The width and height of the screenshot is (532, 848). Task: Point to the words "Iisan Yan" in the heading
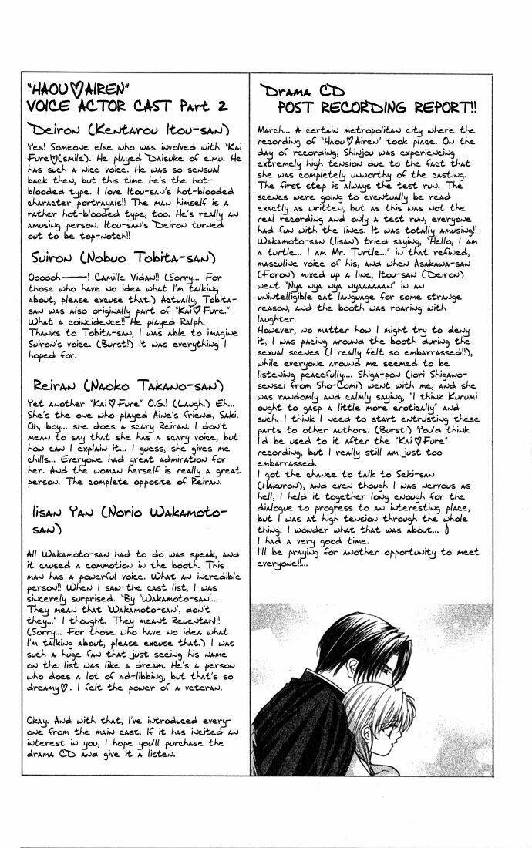coord(59,511)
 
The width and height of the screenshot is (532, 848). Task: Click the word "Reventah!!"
coord(194,617)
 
